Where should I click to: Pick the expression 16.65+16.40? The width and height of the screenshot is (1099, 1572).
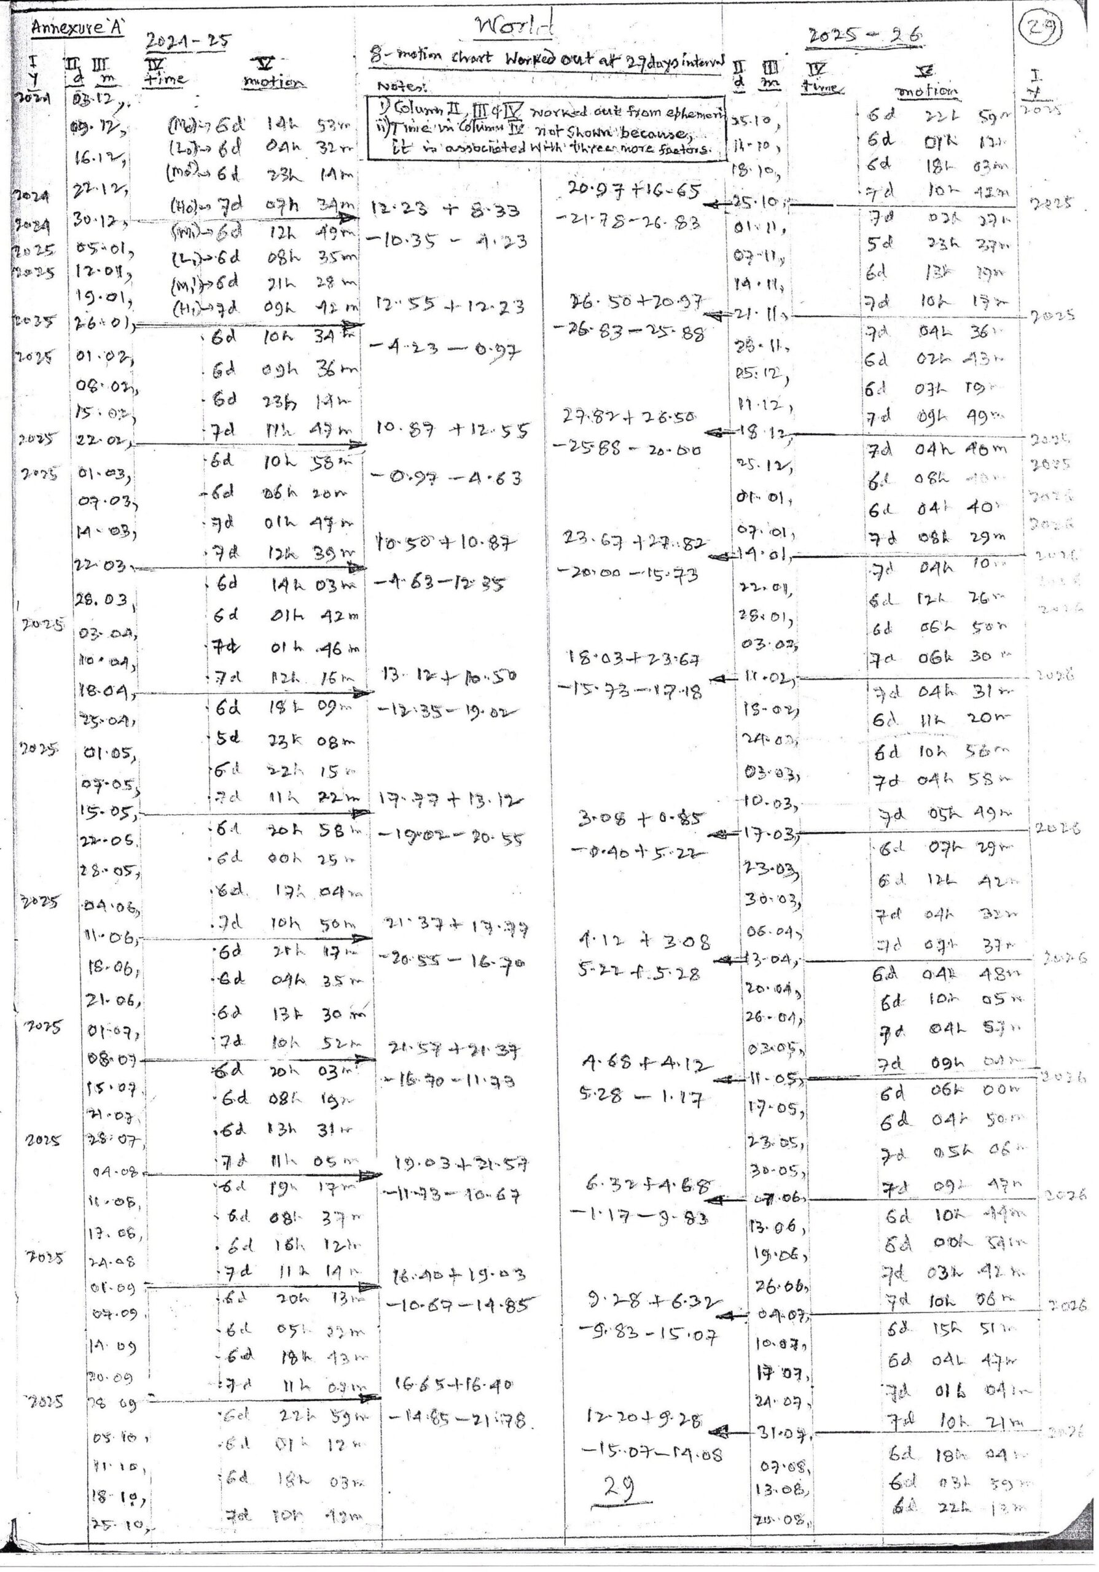click(453, 1384)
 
